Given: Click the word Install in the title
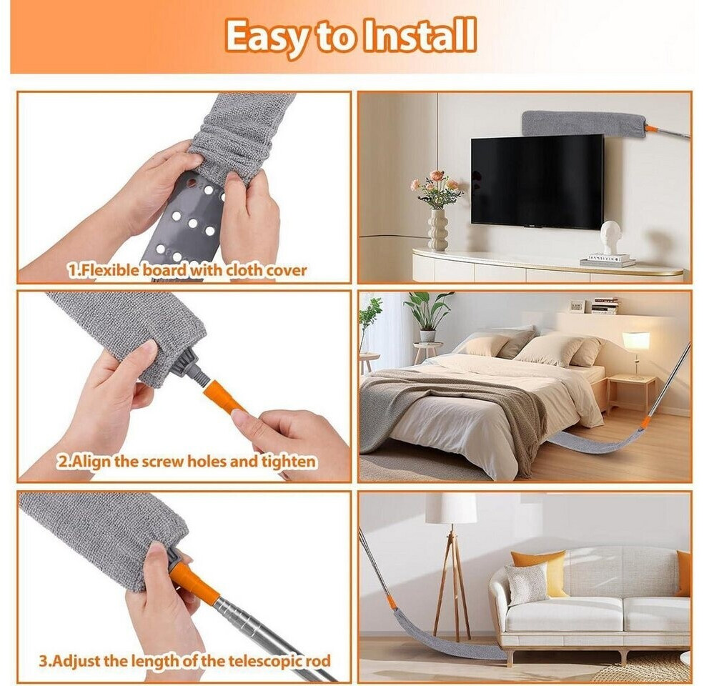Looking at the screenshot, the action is (420, 35).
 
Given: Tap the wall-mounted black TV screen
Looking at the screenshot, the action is (537, 181).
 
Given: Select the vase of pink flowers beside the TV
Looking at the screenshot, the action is (437, 209).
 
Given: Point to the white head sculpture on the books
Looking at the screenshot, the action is (609, 237).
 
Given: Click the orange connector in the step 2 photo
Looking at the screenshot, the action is (222, 397).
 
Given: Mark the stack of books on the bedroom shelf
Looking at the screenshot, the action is (605, 305).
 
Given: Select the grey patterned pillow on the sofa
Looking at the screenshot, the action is (527, 584).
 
